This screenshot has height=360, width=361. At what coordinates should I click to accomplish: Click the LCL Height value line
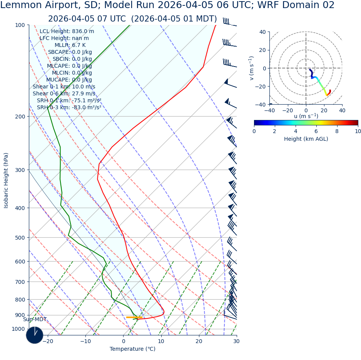click(x=67, y=32)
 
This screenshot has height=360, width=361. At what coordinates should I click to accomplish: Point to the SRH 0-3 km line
click(x=69, y=108)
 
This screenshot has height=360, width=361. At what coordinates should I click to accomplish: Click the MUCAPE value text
click(x=69, y=80)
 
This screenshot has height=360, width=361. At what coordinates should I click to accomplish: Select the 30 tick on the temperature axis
click(x=236, y=341)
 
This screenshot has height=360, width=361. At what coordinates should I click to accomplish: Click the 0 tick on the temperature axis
click(x=124, y=341)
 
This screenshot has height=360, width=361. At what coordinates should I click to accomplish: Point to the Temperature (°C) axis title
click(x=132, y=349)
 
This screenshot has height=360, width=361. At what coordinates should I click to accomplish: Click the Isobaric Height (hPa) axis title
click(x=6, y=180)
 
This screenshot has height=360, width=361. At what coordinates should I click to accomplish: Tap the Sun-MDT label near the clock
click(x=35, y=320)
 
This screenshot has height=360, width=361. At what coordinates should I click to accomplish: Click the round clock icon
click(x=35, y=335)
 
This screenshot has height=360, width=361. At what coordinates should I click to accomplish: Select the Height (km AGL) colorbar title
click(x=306, y=139)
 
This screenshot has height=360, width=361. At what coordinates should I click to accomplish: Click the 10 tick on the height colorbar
click(x=358, y=132)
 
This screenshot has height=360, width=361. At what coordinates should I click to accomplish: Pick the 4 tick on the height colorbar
click(x=296, y=132)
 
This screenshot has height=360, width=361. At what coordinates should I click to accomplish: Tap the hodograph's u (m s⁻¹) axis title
click(x=306, y=116)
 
